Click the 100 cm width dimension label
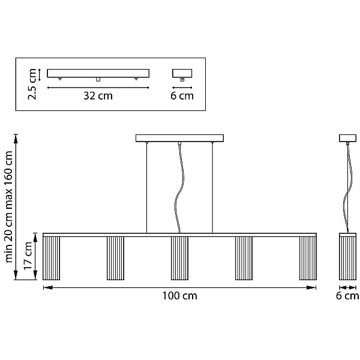179,296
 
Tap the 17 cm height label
28,256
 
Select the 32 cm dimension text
98,96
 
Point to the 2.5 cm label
32,84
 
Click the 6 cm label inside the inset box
182,96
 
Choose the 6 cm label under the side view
347,296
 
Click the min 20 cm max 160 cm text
8,206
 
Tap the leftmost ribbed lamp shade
51,258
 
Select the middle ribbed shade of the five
179,258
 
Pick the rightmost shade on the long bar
308,258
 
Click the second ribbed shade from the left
115,258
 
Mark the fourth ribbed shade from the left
244,258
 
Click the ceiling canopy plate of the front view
179,138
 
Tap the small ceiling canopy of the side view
348,138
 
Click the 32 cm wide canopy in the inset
98,73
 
